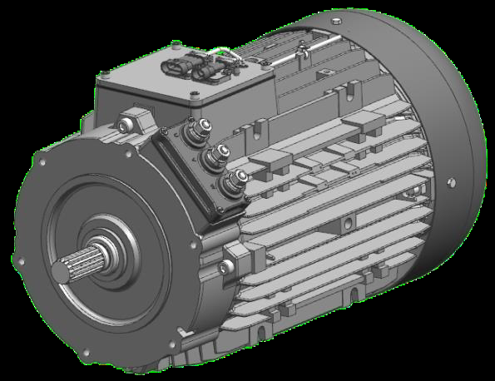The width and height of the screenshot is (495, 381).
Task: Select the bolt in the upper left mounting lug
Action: point(125,126)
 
